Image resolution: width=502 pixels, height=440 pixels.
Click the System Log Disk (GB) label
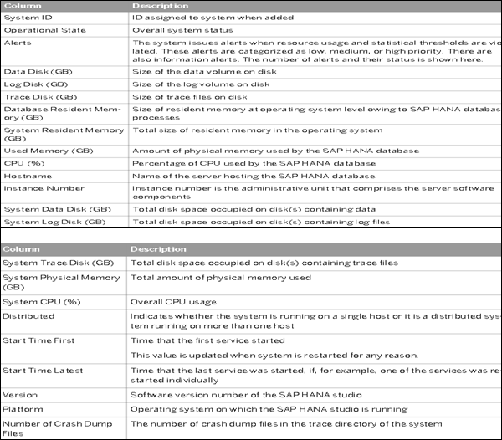(54, 222)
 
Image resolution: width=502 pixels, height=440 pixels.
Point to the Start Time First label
(38, 340)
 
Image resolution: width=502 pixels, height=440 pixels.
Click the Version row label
(19, 394)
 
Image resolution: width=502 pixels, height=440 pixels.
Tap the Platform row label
(23, 409)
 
